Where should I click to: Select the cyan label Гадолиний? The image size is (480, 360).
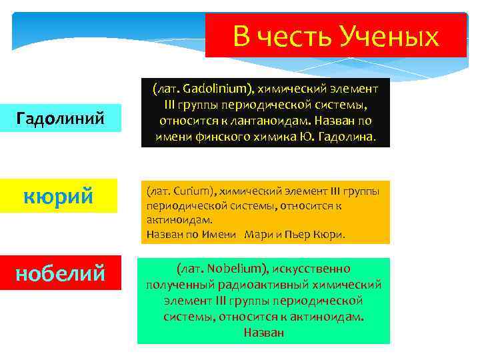[x=61, y=119]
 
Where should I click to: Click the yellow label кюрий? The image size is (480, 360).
[x=61, y=197]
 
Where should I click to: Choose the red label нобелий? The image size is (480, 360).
[x=61, y=273]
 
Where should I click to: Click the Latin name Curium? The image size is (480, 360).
[x=193, y=192]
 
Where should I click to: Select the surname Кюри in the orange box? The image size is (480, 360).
[x=331, y=234]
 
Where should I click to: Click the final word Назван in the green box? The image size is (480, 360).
[x=264, y=332]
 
